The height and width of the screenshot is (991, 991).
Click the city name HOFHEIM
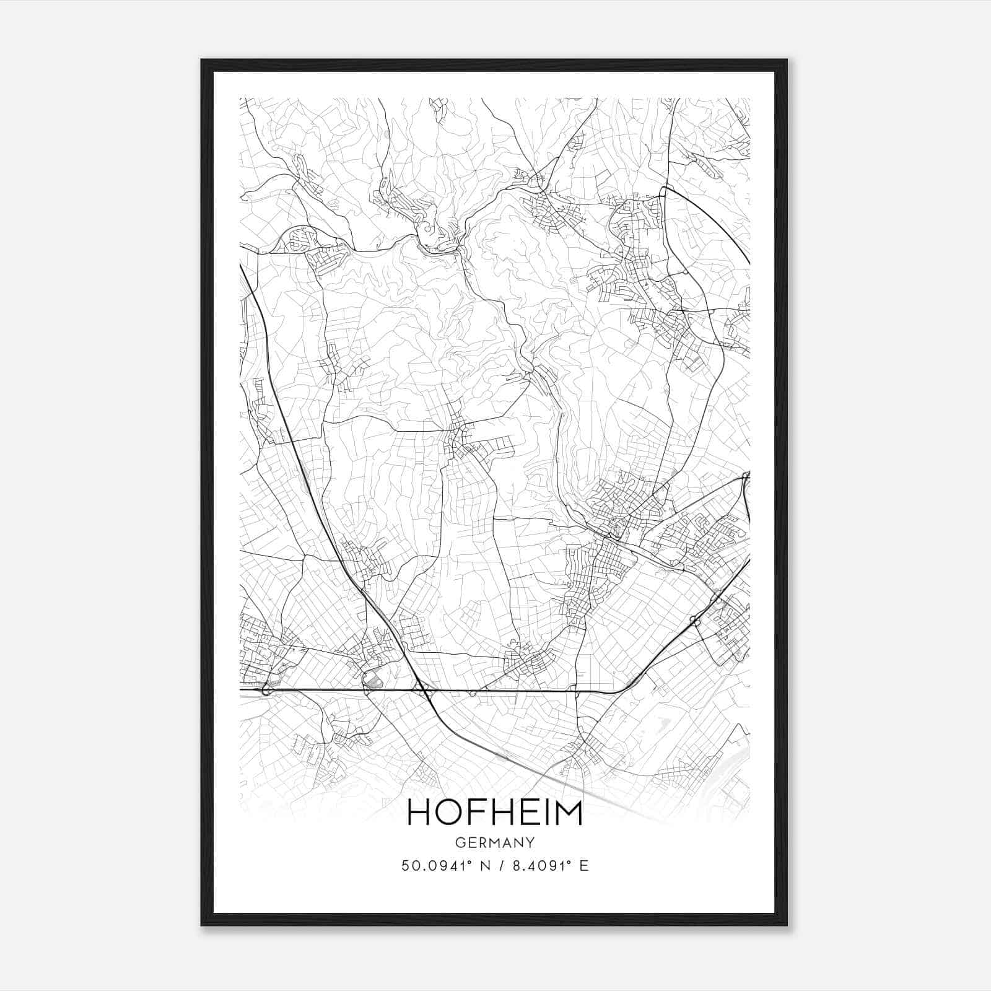point(495,813)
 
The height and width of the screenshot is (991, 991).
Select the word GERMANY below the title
point(495,843)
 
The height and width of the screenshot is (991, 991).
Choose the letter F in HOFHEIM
point(473,813)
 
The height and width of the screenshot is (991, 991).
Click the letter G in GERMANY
point(459,843)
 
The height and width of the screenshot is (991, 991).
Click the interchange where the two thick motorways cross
point(424,689)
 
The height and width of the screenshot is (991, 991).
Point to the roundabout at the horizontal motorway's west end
point(267,689)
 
